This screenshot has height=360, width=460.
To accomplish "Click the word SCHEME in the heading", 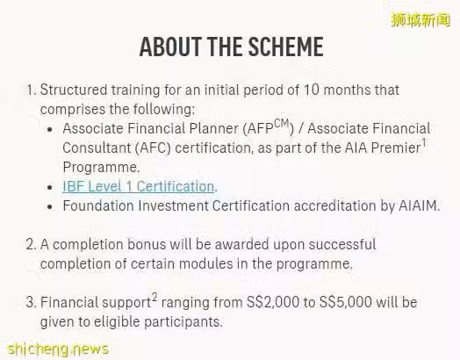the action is coord(285,47).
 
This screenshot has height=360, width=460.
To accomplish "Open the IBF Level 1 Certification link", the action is coord(139,187).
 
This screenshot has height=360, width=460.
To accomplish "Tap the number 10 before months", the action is coord(312,90).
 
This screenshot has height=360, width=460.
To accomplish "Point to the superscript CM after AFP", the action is coord(281,124).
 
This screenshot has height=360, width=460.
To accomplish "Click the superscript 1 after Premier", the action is coord(424,142).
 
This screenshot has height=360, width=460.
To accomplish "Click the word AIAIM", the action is coord(418,205).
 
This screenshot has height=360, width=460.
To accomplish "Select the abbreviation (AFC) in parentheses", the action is coord(153,148).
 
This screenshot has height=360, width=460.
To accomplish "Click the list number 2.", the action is coord(30,244).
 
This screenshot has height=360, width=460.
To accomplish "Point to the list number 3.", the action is coord(30,302).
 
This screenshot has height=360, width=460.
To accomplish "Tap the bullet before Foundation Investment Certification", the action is coord(49,207).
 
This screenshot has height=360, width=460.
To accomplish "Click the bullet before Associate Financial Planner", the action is coord(49,129).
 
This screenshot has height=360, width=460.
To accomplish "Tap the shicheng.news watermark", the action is coord(58,349).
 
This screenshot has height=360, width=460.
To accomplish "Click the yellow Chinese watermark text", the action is coord(421,20).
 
